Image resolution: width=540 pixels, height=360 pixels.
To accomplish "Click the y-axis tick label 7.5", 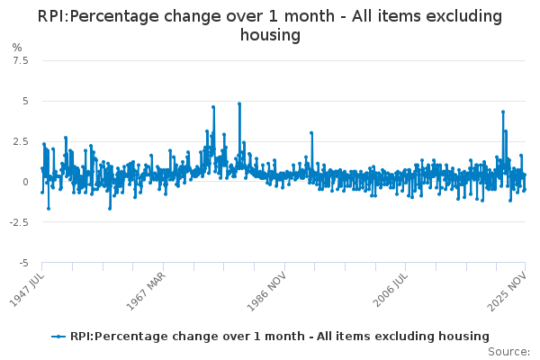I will point(20,60).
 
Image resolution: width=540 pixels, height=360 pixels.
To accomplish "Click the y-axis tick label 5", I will point(24,101).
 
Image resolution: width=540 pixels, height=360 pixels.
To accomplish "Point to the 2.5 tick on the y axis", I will point(20,141).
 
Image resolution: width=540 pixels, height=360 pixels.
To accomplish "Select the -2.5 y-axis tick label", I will point(18,222).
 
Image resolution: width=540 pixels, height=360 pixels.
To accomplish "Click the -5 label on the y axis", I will point(22,263).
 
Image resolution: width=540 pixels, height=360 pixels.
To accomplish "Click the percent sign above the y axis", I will point(16,47).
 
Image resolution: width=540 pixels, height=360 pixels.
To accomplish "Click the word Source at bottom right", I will point(508,352).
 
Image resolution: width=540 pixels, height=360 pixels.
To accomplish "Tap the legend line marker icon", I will point(59,337).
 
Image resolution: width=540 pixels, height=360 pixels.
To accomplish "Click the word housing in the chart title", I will point(270,35).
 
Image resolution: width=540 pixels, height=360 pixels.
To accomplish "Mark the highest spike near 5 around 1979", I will point(239,103).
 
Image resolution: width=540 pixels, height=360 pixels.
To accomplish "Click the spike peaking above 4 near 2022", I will point(503,112).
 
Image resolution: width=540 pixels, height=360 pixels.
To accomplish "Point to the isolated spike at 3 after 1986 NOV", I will point(311,133).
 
